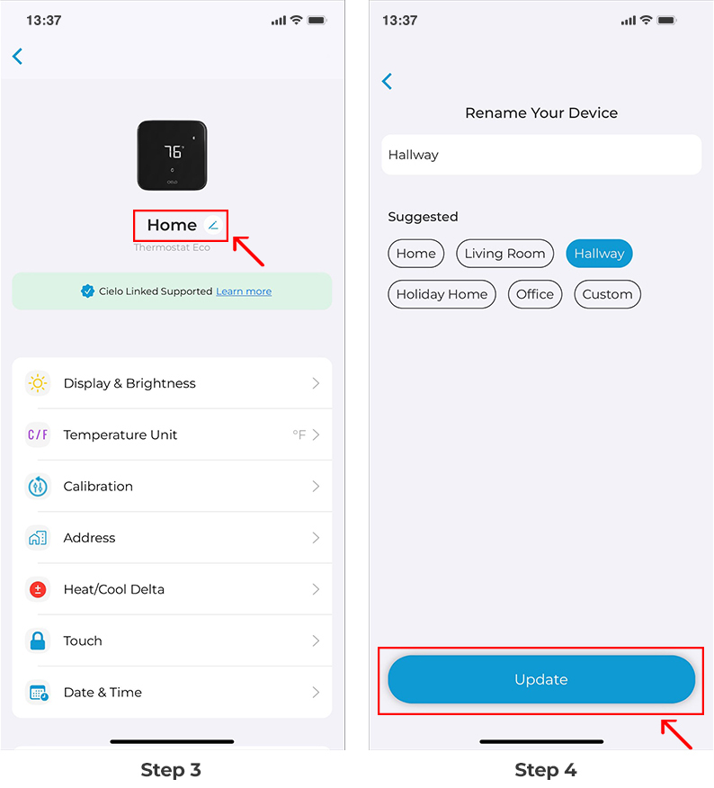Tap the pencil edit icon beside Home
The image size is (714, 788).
coord(213,225)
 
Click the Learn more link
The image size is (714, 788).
coord(244,291)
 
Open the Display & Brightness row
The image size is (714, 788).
coord(172,383)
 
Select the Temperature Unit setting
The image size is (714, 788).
coord(172,434)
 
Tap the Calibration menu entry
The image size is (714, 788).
coord(172,487)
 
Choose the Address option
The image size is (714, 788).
coord(172,538)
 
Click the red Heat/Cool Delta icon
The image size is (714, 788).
coord(38,590)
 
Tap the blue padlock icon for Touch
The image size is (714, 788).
coord(38,641)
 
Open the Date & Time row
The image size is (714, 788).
coord(172,693)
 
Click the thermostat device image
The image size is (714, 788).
coord(172,156)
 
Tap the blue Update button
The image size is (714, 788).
coord(541,680)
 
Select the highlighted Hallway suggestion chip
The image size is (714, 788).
coord(599,254)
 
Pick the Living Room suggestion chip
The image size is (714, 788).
coord(504,254)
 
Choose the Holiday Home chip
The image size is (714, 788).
coord(442,294)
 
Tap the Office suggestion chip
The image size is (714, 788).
coord(535,294)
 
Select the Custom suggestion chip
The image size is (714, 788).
coord(607,294)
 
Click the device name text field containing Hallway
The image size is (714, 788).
coord(541,155)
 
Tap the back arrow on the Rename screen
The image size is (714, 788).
coord(388,82)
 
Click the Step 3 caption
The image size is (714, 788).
coord(171,770)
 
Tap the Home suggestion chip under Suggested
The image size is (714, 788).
coord(416,254)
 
